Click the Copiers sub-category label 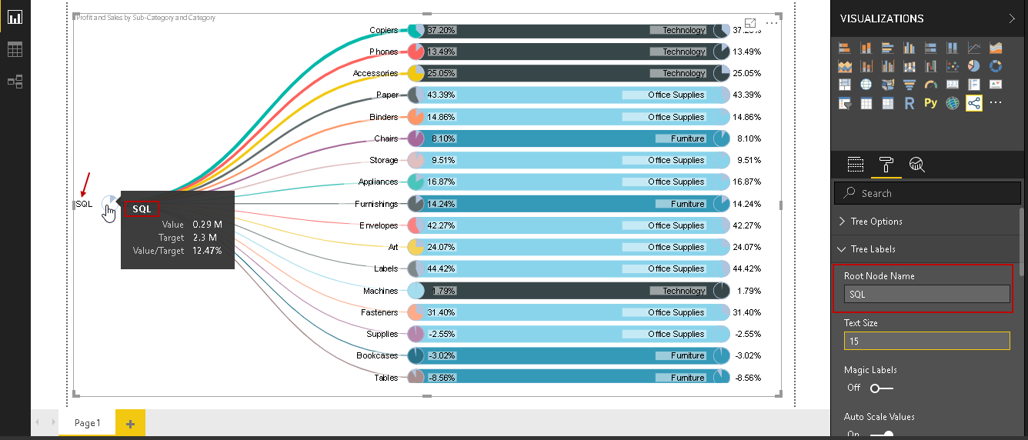pyautogui.click(x=383, y=31)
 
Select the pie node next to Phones pyautogui.click(x=416, y=52)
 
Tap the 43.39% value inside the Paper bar pyautogui.click(x=441, y=95)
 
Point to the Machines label pyautogui.click(x=380, y=291)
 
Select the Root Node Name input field pyautogui.click(x=926, y=294)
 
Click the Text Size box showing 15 pyautogui.click(x=926, y=341)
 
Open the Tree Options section pyautogui.click(x=876, y=222)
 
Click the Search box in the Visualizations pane pyautogui.click(x=926, y=193)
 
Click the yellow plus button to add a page pyautogui.click(x=130, y=423)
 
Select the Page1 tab pyautogui.click(x=87, y=423)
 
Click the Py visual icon pyautogui.click(x=931, y=103)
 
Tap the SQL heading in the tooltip pyautogui.click(x=142, y=208)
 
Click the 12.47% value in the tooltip pyautogui.click(x=207, y=251)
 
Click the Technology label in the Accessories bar pyautogui.click(x=683, y=74)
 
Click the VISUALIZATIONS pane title pyautogui.click(x=882, y=18)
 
